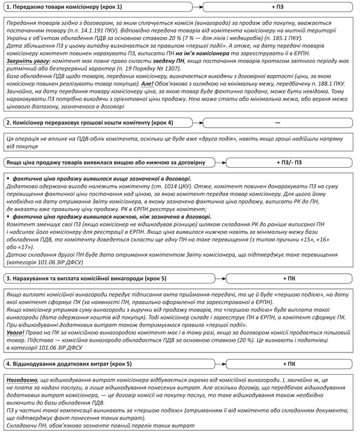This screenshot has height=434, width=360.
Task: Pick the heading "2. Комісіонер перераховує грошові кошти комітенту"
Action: tap(87, 122)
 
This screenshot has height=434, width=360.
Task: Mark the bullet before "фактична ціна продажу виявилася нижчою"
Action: tap(6, 216)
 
